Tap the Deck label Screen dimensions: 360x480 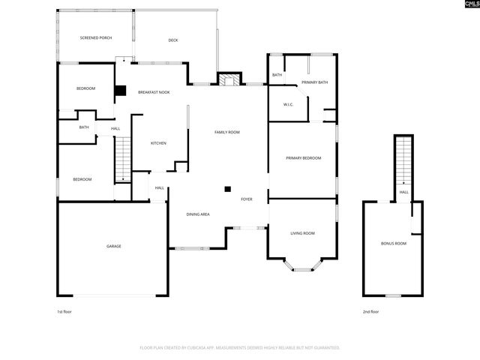tap(172, 40)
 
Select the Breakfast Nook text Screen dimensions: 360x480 tap(153, 92)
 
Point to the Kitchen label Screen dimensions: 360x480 tap(158, 143)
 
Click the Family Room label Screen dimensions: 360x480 tap(226, 132)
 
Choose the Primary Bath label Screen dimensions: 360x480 tap(314, 82)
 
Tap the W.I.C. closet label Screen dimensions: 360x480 tap(288, 104)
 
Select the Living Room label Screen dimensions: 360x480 tap(302, 233)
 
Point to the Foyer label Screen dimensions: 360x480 tap(246, 199)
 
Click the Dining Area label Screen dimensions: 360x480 tap(198, 214)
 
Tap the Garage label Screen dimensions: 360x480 tap(113, 246)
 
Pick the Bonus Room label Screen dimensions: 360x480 tap(394, 243)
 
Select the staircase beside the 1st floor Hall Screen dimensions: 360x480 tap(122, 160)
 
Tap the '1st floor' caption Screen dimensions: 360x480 tap(65, 311)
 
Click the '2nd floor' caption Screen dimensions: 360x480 tap(370, 311)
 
